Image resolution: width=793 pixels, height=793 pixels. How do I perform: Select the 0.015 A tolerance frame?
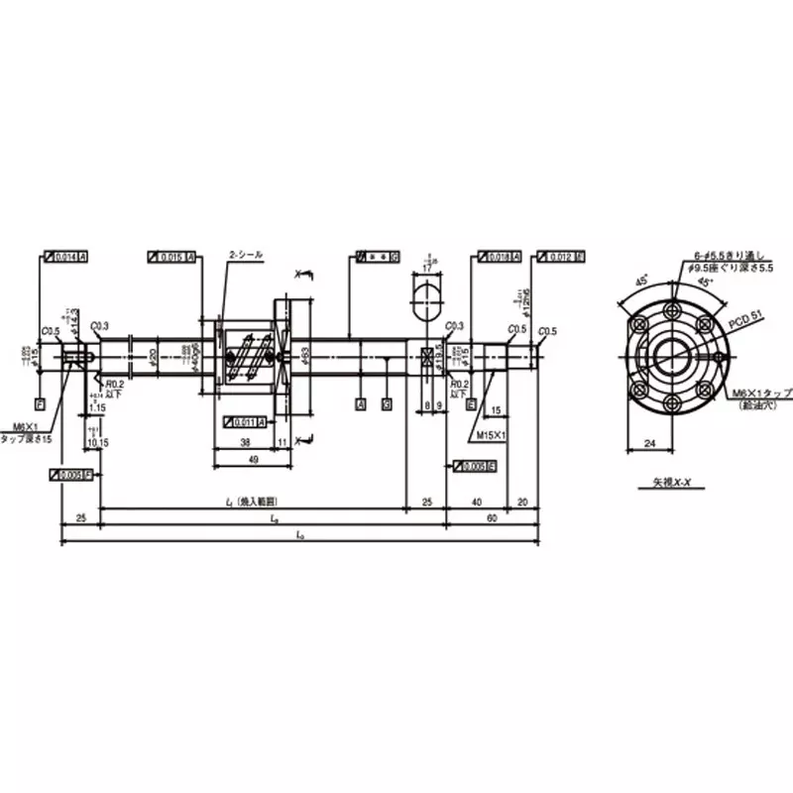pos(170,257)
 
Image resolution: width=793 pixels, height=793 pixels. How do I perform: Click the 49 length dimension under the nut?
pos(255,460)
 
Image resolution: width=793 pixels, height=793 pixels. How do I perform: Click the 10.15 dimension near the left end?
pos(96,443)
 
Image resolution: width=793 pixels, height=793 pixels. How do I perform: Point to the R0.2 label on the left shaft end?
pos(117,385)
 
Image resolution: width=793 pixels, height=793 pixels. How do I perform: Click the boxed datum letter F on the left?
pos(39,405)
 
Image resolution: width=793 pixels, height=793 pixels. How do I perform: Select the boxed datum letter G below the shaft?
pos(386,405)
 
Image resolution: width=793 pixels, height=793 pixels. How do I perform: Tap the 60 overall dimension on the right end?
pos(492,517)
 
